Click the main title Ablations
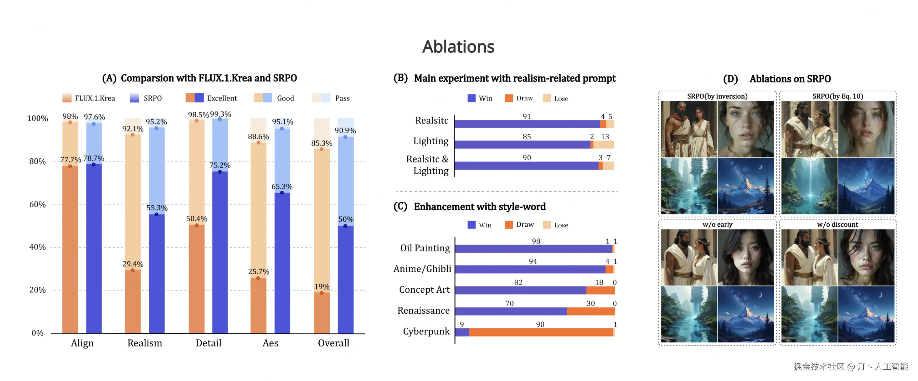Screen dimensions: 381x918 tap(458, 47)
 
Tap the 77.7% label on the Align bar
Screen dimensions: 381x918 tap(70, 159)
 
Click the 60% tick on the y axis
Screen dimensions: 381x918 tap(37, 204)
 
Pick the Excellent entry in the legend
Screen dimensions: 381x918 tap(221, 98)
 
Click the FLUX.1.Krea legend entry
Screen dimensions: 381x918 tap(94, 98)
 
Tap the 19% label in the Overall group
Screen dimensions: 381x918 tap(322, 287)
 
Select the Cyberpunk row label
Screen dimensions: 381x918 tap(426, 331)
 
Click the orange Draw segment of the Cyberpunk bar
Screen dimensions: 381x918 tap(541, 332)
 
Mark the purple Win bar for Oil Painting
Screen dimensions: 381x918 tap(533, 249)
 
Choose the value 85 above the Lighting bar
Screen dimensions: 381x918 tap(527, 136)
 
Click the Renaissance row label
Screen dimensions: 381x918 tap(423, 311)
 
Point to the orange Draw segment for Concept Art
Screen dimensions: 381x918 tap(600, 290)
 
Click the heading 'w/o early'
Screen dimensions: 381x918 tap(717, 225)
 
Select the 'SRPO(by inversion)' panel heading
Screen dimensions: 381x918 tap(717, 96)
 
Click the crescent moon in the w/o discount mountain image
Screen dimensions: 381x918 tap(880, 295)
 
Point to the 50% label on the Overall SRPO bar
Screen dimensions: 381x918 tap(346, 219)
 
